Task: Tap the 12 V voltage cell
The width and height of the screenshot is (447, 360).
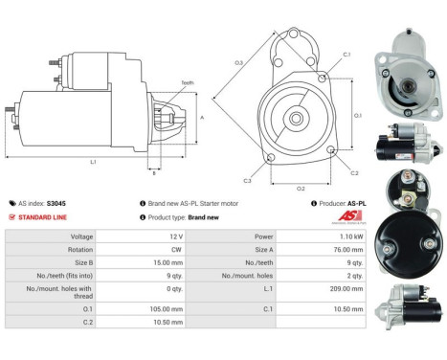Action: pyautogui.click(x=176, y=236)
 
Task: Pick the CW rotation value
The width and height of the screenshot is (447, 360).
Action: pyautogui.click(x=176, y=248)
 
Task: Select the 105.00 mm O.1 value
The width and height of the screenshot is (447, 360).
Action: pyautogui.click(x=176, y=310)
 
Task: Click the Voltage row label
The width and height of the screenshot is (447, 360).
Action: pyautogui.click(x=82, y=236)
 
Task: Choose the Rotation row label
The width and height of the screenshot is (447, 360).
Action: pyautogui.click(x=81, y=248)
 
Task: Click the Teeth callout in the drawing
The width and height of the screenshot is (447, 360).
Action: pyautogui.click(x=187, y=83)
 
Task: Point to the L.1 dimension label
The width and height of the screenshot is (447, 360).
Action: pyautogui.click(x=93, y=162)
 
